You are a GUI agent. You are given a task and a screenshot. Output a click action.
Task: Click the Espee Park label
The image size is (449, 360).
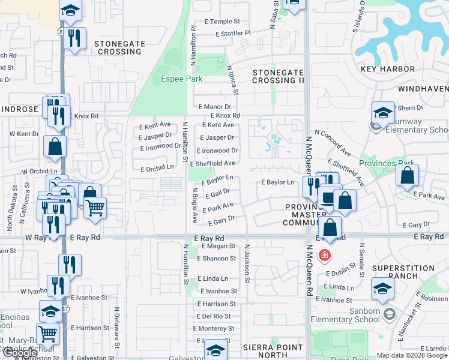tap(181, 79)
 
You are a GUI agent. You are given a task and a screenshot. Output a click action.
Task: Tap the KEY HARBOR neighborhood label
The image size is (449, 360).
tap(388, 69)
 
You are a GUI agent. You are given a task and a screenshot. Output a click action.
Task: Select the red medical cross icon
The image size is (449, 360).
tap(325, 256)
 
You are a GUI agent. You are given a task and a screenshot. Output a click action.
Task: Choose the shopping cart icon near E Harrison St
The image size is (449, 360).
tap(47, 333)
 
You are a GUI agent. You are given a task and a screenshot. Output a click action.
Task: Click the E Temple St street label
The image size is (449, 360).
tap(221, 21)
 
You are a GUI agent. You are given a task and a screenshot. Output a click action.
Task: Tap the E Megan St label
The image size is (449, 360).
tap(218, 246)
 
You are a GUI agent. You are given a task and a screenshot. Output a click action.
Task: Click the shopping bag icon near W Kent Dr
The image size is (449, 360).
tap(55, 146)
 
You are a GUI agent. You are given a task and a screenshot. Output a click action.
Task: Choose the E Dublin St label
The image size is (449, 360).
tap(342, 273)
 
